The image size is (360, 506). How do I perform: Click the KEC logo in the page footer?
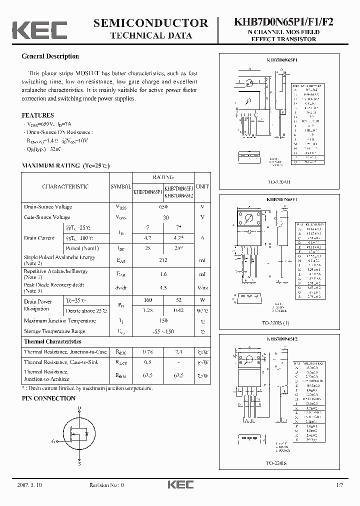click(x=179, y=485)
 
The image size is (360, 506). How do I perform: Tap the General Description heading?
click(x=50, y=56)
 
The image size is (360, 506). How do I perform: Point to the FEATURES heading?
click(x=37, y=115)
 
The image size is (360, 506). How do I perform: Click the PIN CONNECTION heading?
click(x=48, y=398)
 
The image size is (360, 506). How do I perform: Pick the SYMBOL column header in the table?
click(x=119, y=186)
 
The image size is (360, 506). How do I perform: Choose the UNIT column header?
click(x=202, y=186)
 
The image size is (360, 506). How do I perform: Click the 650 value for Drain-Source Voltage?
click(x=163, y=206)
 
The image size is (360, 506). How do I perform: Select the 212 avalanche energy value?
click(x=163, y=259)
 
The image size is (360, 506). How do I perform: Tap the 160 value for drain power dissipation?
click(x=148, y=300)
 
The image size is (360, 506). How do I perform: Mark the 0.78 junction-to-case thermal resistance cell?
click(x=148, y=352)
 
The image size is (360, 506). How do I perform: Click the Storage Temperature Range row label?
click(x=54, y=331)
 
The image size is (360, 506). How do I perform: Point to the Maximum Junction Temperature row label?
click(x=59, y=320)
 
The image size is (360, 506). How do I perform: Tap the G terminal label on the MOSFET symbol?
click(x=53, y=441)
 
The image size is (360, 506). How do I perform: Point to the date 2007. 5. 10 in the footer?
click(x=29, y=485)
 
